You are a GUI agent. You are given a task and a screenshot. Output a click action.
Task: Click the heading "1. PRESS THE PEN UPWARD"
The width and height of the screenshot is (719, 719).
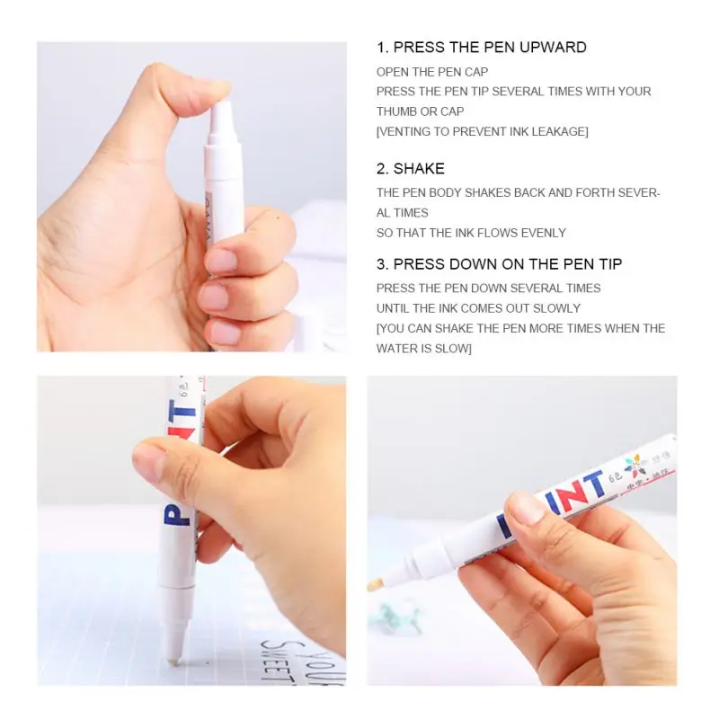pos(481,48)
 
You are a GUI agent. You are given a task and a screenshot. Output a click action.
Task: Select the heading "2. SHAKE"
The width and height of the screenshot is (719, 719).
pos(410,169)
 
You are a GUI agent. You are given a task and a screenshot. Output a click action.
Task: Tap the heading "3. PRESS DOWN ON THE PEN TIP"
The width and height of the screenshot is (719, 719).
pos(499,264)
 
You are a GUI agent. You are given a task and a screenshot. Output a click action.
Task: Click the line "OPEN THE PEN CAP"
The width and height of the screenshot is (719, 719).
pos(432,72)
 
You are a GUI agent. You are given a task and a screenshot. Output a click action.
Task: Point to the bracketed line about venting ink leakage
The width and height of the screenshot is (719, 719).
pos(482,131)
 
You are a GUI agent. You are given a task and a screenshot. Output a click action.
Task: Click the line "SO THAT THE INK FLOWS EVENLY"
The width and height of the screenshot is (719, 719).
pos(471,233)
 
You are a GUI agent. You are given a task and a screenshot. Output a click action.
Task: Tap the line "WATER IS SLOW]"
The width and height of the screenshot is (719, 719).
pos(423,348)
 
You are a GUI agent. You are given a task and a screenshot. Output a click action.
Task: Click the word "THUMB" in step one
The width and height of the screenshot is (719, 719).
pos(396,111)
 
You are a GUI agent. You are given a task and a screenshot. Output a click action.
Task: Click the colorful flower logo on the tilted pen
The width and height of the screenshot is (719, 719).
pos(635,466)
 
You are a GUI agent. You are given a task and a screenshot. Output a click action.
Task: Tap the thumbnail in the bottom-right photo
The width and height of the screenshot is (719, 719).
pos(526,509)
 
